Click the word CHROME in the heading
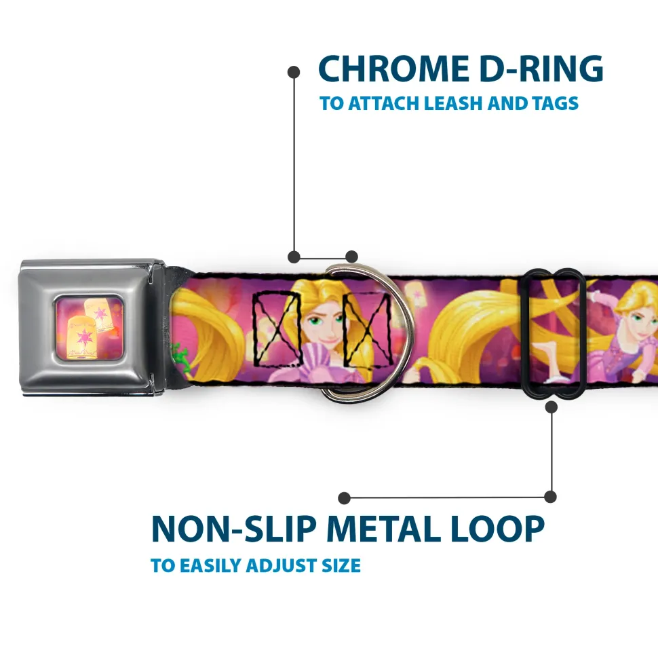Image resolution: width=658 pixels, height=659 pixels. click(x=393, y=69)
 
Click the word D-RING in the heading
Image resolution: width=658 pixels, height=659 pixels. click(x=541, y=69)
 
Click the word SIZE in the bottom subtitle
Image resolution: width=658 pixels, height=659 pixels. click(x=341, y=565)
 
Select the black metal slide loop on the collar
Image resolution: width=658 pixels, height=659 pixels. click(x=551, y=334)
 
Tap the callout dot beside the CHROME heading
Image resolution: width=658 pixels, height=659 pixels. click(x=294, y=73)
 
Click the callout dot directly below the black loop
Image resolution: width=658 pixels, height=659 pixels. click(x=551, y=407)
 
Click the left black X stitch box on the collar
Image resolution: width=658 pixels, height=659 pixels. click(x=277, y=328)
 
